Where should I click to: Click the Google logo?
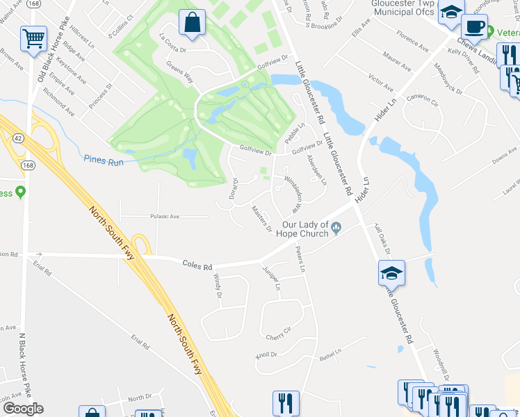click(x=22, y=409)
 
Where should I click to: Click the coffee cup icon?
click(x=474, y=26)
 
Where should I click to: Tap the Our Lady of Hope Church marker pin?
click(x=336, y=226)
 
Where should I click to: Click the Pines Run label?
click(x=103, y=159)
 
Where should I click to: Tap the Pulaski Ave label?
click(x=165, y=216)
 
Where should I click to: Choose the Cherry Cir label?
click(x=277, y=337)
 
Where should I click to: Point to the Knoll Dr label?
click(x=266, y=354)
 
